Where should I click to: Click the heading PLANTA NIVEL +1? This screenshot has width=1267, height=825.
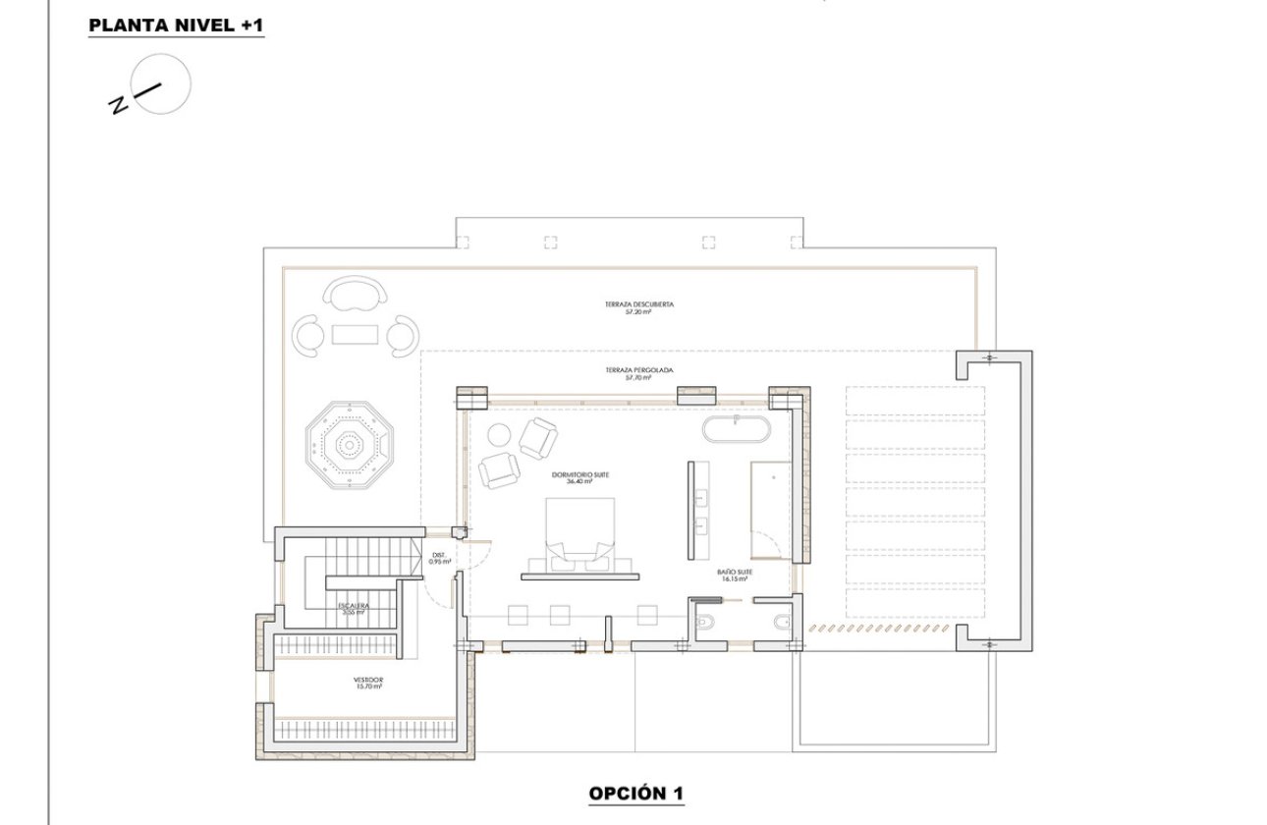click(176, 26)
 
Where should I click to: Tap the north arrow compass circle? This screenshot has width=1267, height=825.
click(161, 84)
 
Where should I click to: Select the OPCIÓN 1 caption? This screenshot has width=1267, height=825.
click(636, 793)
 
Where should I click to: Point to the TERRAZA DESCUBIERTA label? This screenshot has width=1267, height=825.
click(639, 307)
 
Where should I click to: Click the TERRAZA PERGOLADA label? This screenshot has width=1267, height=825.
click(639, 373)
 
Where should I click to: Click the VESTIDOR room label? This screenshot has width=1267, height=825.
click(367, 683)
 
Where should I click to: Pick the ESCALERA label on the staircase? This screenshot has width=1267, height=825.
click(353, 609)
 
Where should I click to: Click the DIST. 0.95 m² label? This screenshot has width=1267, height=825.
click(439, 559)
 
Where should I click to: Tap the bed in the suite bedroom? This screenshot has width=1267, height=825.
click(579, 530)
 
